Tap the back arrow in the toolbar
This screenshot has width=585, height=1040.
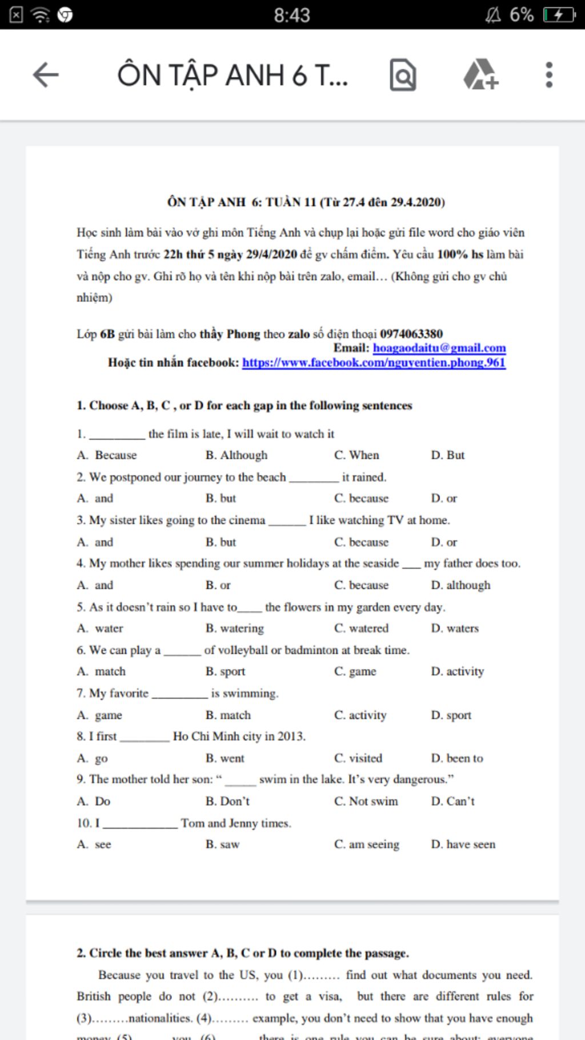(x=46, y=75)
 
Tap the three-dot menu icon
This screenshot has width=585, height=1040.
(x=549, y=75)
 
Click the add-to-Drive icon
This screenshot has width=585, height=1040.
(x=480, y=75)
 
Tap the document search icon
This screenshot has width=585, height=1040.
(x=403, y=75)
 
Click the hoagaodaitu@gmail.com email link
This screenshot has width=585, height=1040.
(x=439, y=348)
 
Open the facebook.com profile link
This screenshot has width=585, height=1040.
(x=374, y=362)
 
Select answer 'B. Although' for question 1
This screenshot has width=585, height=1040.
(x=237, y=455)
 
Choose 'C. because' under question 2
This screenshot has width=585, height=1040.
(x=361, y=498)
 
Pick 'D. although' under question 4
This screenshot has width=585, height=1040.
(x=460, y=585)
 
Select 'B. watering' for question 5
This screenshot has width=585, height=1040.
(x=235, y=629)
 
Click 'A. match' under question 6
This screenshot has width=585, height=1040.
(x=102, y=671)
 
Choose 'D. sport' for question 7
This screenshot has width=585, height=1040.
(x=451, y=715)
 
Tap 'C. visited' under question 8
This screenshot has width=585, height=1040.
(x=358, y=758)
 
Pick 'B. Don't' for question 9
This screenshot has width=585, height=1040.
(x=228, y=801)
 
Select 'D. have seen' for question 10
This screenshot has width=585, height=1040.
(x=463, y=845)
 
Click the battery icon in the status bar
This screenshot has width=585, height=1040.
(x=559, y=14)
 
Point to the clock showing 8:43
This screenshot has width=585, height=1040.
(x=292, y=15)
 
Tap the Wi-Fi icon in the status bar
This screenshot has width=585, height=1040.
(x=40, y=15)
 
